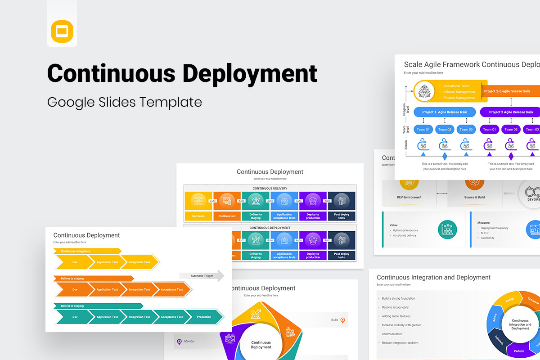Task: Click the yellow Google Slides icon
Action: click(x=62, y=31)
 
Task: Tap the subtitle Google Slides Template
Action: click(x=125, y=102)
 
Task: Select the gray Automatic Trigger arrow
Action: click(x=202, y=276)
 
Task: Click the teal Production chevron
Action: click(x=204, y=317)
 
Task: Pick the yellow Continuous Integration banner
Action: click(x=87, y=251)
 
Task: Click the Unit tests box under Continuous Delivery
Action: click(x=198, y=216)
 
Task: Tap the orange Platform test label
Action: click(x=227, y=216)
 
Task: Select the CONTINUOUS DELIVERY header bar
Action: click(x=270, y=188)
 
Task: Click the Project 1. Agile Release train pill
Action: click(x=445, y=112)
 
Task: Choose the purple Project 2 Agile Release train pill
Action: click(x=510, y=112)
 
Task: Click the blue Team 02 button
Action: click(x=445, y=130)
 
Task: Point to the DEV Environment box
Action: click(x=409, y=197)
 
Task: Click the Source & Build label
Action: click(x=475, y=197)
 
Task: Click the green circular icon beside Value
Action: click(x=447, y=229)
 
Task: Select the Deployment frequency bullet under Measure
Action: click(x=494, y=228)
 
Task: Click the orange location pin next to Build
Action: click(x=342, y=320)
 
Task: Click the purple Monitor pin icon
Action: click(x=180, y=342)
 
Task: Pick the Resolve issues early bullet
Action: click(x=395, y=307)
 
